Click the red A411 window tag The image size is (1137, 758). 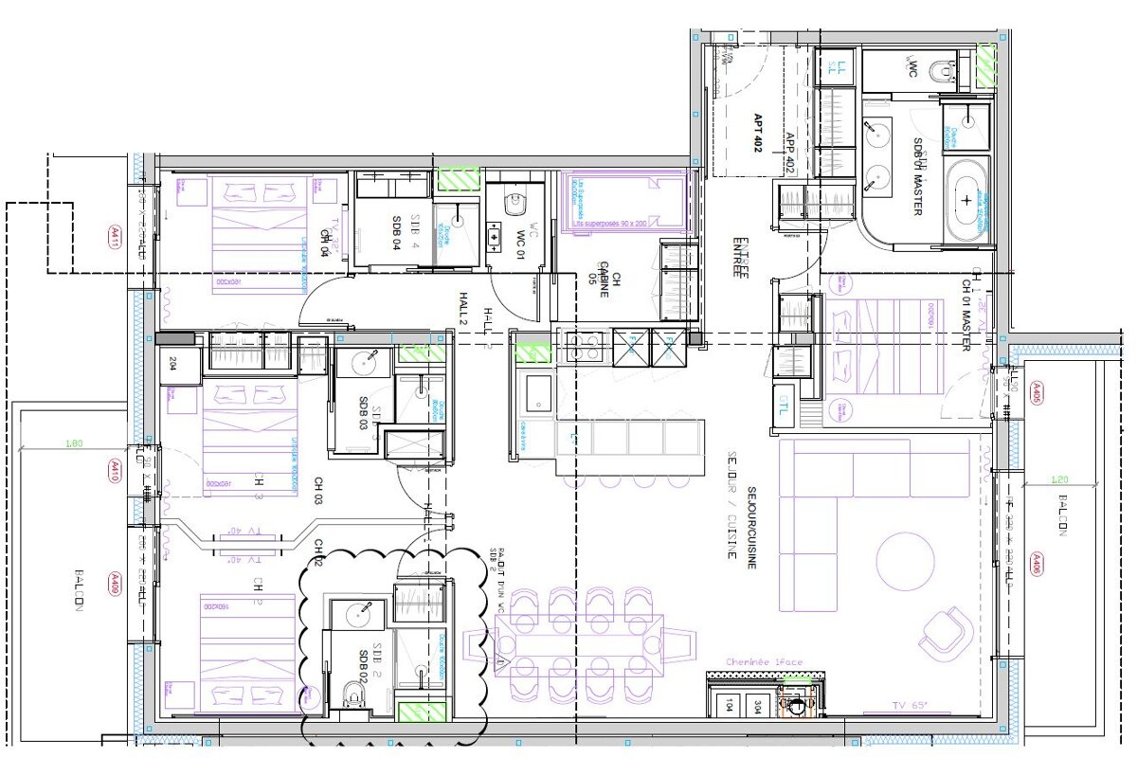pyautogui.click(x=115, y=234)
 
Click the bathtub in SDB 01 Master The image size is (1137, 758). pyautogui.click(x=966, y=200)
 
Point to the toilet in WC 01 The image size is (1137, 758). pyautogui.click(x=516, y=203)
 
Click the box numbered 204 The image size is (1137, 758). pyautogui.click(x=174, y=362)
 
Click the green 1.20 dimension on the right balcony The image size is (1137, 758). pyautogui.click(x=1060, y=479)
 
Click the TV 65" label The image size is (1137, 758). pyautogui.click(x=911, y=705)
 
